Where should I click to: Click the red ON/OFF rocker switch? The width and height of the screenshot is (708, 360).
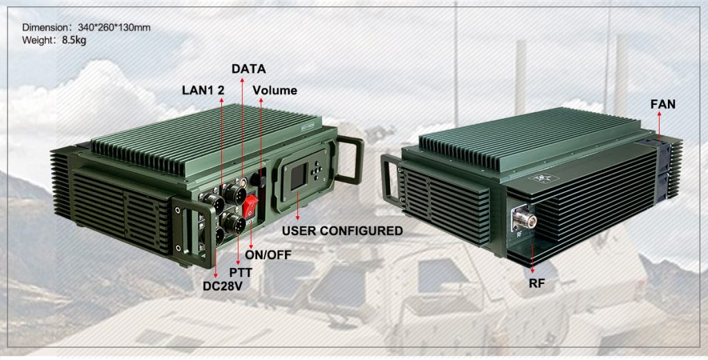[252, 205]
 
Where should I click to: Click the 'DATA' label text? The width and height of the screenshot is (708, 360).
[248, 69]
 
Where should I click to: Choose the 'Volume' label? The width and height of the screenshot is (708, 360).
[274, 91]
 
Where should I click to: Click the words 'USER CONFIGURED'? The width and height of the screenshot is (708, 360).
[342, 231]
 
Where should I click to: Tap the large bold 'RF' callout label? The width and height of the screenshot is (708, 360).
[534, 282]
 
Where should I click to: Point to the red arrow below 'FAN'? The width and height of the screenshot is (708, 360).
[659, 125]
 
